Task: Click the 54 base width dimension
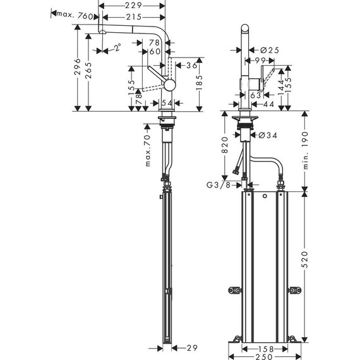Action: [x=167, y=102]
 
